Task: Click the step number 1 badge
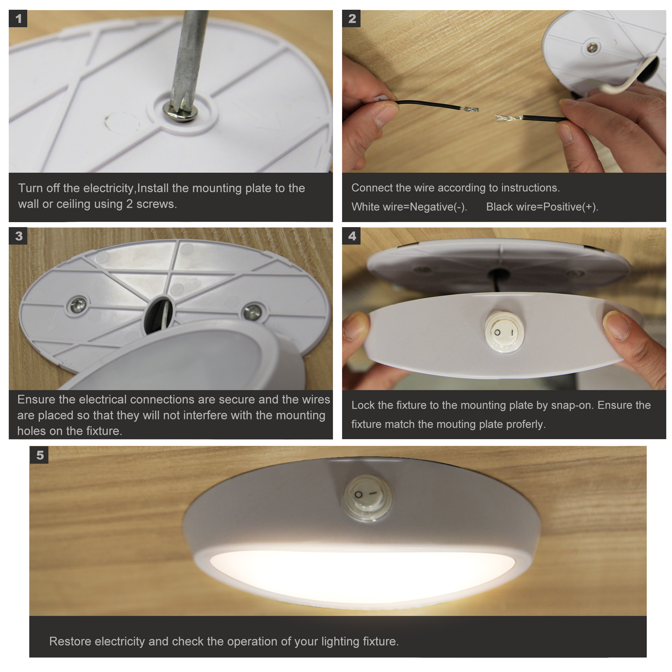(18, 18)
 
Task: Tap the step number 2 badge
(352, 18)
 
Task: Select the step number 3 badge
(18, 236)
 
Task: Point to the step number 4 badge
(352, 236)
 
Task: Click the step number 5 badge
(39, 455)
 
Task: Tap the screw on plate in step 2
(592, 47)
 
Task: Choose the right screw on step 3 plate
(253, 312)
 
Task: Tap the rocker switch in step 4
(504, 332)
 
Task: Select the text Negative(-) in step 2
(438, 207)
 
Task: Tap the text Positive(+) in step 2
(571, 207)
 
